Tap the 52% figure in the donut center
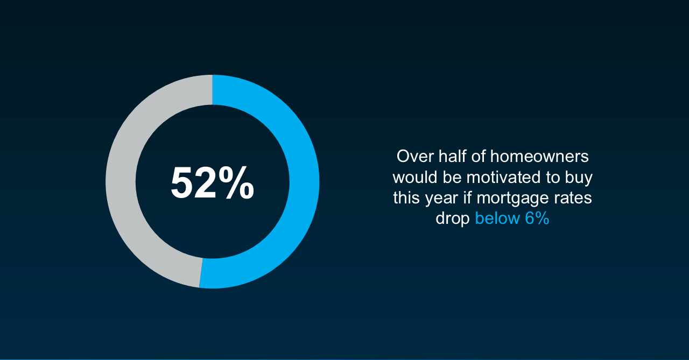[212, 183]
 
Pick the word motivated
[503, 177]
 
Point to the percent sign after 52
[236, 183]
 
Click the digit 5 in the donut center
[182, 183]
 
